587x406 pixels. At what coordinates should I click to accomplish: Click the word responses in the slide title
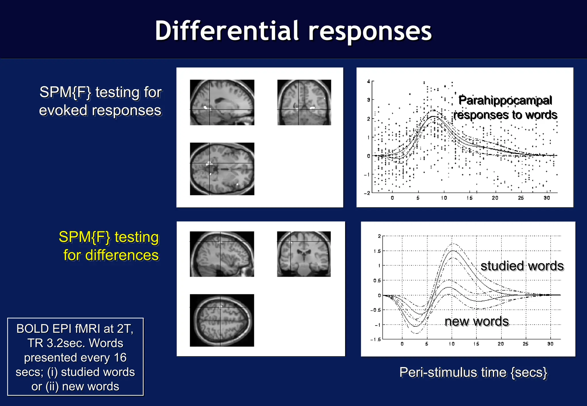coord(370,31)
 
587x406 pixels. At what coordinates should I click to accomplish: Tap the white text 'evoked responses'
coord(100,111)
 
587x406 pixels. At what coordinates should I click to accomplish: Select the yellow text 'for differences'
coord(111,255)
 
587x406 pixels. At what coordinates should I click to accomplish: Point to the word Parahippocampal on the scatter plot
coord(505,100)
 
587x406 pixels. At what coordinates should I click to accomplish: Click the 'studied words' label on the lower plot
coord(522,266)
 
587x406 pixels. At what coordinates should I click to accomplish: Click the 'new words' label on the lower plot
coord(477,321)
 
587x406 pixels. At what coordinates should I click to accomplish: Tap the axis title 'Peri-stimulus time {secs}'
coord(473,373)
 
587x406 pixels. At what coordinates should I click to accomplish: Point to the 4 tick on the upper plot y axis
coord(369,82)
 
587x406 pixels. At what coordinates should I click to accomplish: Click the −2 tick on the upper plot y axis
coord(367,193)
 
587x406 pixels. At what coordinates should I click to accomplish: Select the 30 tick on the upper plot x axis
coord(547,198)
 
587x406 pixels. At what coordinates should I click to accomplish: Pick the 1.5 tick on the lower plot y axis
coord(377,251)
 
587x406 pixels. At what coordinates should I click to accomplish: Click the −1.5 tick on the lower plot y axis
coord(376,340)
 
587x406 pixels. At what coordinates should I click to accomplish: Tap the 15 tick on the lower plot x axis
coord(476,344)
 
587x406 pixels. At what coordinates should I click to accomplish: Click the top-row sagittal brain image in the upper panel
coord(222,103)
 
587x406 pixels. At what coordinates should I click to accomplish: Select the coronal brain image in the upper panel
coord(304,103)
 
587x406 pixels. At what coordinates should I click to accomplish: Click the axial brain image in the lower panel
coord(222,320)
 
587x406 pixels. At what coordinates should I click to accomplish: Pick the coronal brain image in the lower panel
coord(304,254)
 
